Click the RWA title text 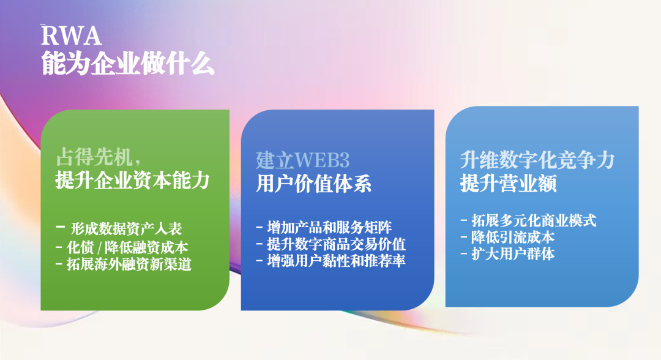71,36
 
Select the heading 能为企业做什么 127,64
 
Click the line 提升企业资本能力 132,180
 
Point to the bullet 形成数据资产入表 126,228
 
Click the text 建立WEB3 303,160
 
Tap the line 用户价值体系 313,184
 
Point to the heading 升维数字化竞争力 537,160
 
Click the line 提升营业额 508,183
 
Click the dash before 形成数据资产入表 60,227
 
